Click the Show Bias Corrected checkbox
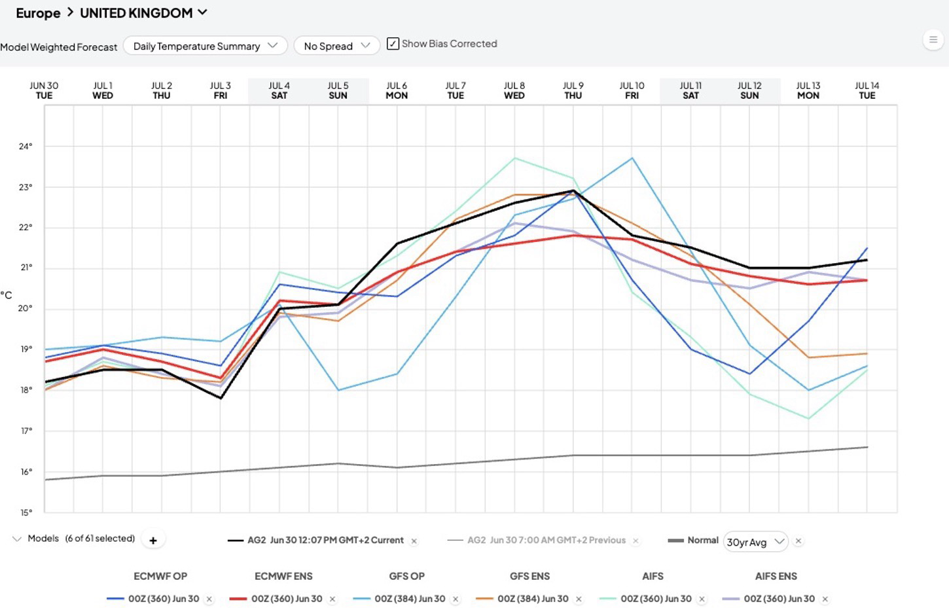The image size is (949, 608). tap(393, 44)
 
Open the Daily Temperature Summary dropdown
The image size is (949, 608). tap(206, 46)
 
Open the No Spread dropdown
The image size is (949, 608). tap(337, 46)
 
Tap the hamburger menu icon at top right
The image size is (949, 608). tap(933, 41)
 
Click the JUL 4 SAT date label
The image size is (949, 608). tap(279, 91)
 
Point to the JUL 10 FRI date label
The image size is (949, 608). tap(632, 91)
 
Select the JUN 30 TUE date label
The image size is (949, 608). tap(44, 91)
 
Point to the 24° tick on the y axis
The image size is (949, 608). tap(26, 147)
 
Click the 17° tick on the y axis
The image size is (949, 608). tap(26, 431)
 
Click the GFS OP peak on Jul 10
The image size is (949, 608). tap(632, 158)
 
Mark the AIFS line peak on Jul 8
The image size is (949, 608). tap(514, 158)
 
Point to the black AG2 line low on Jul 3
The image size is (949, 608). tap(221, 398)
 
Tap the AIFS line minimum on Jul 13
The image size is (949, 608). tap(808, 419)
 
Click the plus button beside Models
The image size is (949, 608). tap(153, 540)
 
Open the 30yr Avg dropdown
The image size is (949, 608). tap(755, 542)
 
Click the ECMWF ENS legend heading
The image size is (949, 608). tap(283, 576)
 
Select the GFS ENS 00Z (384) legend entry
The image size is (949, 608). tap(533, 599)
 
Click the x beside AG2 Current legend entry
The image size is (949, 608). tap(414, 541)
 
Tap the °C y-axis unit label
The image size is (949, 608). tap(7, 295)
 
